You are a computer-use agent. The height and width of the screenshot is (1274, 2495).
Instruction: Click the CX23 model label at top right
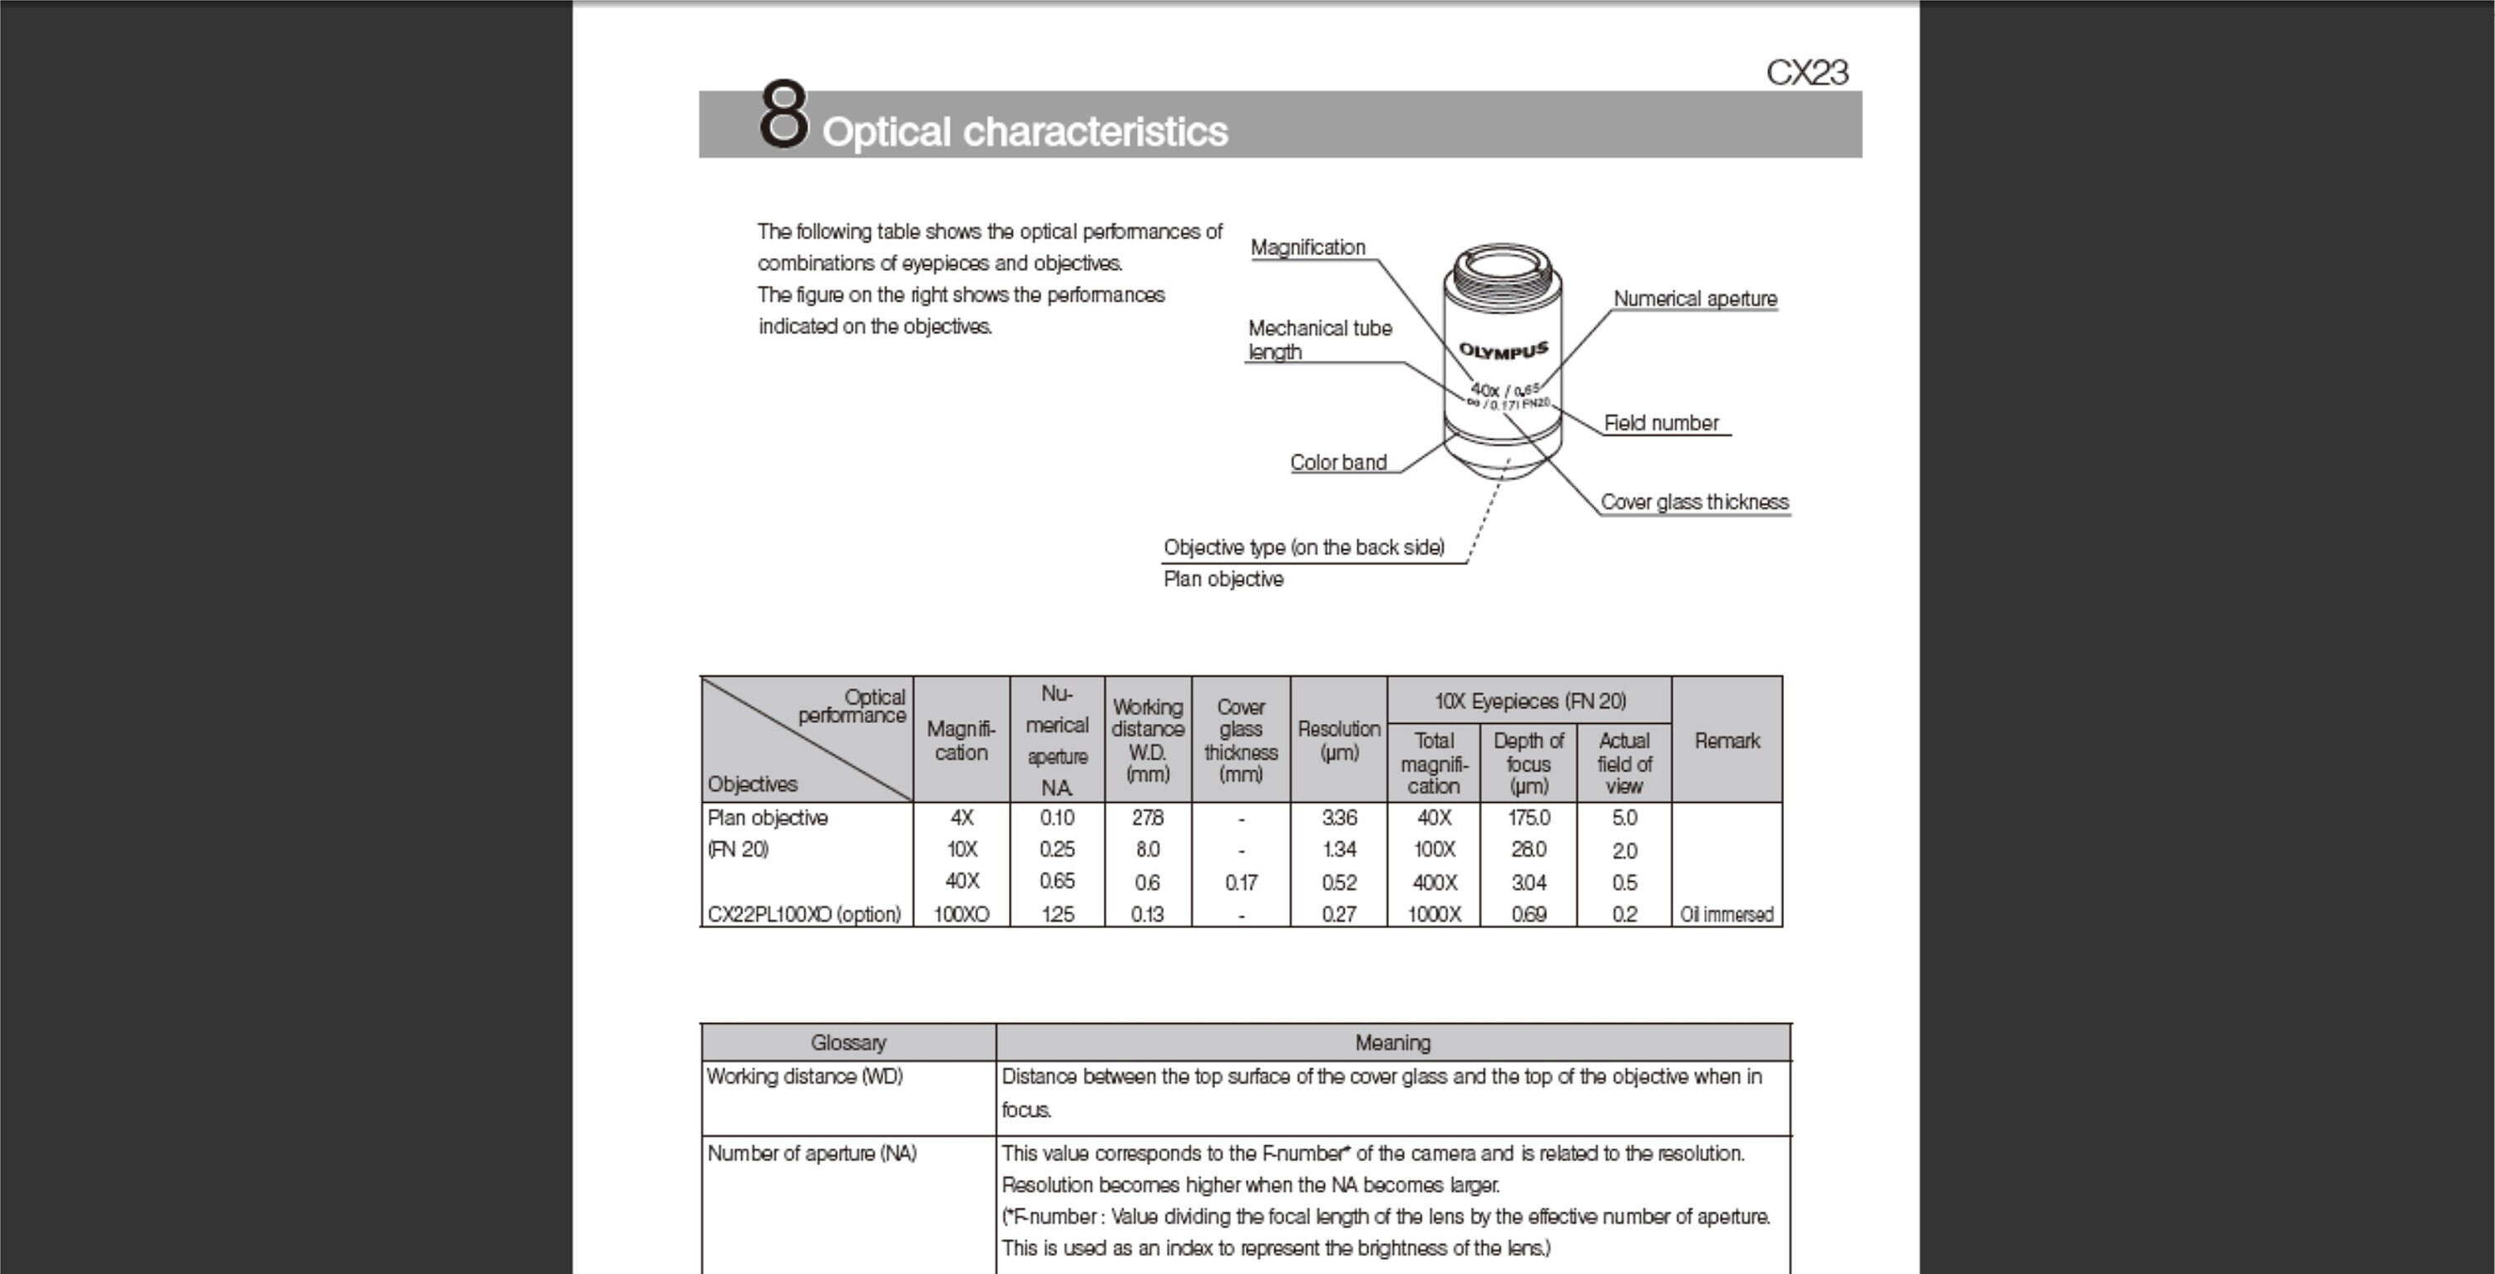(x=1806, y=72)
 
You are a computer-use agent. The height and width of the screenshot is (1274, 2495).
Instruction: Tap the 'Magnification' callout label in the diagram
(x=1307, y=248)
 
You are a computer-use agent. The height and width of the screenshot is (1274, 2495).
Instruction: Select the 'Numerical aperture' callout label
(x=1694, y=299)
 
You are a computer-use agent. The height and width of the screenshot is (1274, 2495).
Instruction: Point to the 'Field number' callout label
(x=1660, y=423)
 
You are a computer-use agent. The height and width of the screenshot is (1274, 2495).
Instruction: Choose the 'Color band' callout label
(x=1337, y=463)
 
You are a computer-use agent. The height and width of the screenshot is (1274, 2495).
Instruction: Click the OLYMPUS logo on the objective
(x=1502, y=351)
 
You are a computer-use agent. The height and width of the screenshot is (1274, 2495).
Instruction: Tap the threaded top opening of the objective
(x=1501, y=264)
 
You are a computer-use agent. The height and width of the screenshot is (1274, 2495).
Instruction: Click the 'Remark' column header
(x=1726, y=740)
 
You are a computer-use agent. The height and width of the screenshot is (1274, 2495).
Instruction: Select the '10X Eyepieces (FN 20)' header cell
(x=1529, y=701)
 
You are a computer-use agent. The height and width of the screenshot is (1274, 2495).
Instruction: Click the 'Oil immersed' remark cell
(x=1726, y=915)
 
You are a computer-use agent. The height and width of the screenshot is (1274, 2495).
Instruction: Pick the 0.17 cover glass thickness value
(x=1240, y=883)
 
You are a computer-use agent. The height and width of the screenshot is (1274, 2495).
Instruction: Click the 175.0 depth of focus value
(x=1528, y=818)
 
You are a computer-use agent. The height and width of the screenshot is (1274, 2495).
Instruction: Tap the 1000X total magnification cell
(x=1434, y=915)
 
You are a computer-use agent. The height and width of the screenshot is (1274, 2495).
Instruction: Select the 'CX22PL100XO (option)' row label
(x=804, y=915)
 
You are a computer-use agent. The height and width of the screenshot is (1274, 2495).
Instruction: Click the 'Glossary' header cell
(x=847, y=1043)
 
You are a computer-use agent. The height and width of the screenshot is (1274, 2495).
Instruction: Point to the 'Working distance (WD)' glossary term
(x=804, y=1076)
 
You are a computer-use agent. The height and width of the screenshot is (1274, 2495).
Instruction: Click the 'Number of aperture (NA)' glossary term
(x=812, y=1153)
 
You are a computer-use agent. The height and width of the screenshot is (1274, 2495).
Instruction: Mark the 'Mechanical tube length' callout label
(x=1318, y=340)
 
